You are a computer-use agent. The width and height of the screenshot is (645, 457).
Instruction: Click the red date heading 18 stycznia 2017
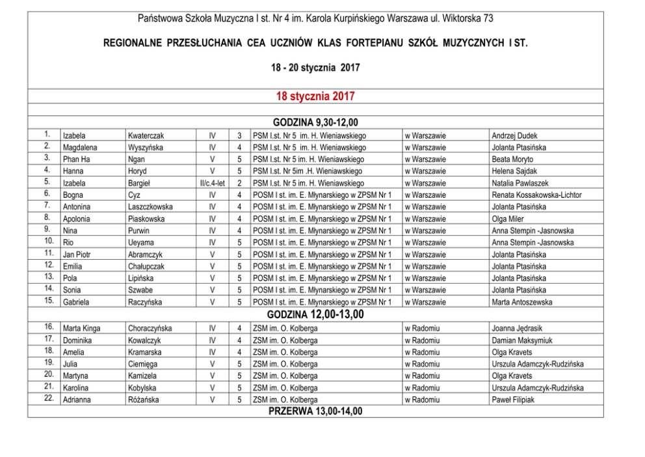315,96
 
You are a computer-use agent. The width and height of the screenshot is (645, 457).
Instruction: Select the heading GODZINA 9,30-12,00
315,122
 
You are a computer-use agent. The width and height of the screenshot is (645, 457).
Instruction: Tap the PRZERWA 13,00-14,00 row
315,411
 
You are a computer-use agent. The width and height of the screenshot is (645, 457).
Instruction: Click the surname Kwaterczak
146,136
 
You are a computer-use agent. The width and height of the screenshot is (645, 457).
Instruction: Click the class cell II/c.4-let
213,184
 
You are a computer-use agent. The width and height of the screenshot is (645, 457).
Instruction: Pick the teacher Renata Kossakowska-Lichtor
536,195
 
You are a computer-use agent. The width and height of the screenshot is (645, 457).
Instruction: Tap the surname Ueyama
141,242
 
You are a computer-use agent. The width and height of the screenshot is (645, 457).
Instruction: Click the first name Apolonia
78,219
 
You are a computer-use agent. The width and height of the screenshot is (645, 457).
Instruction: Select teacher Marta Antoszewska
522,302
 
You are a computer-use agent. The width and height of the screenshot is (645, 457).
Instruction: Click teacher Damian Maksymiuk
522,340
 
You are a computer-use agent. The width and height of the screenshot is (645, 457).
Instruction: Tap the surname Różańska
144,400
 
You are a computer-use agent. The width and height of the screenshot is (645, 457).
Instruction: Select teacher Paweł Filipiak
513,400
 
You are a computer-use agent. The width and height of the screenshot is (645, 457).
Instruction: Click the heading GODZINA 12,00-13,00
315,315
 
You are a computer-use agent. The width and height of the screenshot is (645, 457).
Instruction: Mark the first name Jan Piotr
77,255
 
